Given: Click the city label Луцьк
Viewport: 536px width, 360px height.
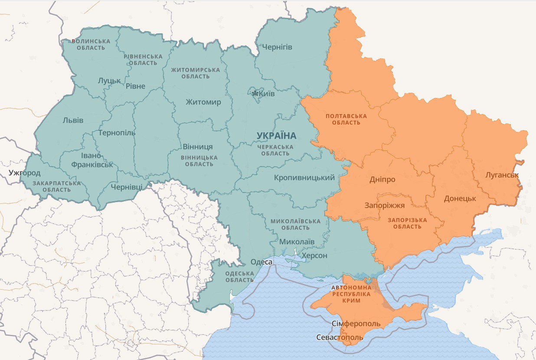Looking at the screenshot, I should [x=109, y=81].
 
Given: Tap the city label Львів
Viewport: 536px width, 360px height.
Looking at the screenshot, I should [x=73, y=120].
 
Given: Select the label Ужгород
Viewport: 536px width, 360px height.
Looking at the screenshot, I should [x=25, y=173].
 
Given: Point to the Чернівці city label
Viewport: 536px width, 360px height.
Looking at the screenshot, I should [x=126, y=187].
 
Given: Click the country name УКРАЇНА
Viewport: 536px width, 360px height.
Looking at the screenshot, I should [x=276, y=136].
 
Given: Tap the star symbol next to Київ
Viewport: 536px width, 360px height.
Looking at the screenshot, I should [x=255, y=94].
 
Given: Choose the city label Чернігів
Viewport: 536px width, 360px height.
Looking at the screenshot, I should [x=275, y=47].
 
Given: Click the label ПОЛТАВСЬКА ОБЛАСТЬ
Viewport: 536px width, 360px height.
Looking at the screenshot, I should [x=346, y=119].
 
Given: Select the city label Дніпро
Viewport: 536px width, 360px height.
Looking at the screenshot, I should [x=382, y=179].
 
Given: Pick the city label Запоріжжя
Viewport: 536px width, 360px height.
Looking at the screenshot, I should [x=385, y=206].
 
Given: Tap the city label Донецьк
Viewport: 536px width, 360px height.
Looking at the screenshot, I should [x=460, y=199].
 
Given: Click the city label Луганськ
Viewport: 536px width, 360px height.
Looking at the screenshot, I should [x=502, y=175].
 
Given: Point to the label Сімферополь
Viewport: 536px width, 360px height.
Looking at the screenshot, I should [x=356, y=324].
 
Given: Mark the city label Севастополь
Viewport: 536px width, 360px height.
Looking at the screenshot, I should [x=340, y=337].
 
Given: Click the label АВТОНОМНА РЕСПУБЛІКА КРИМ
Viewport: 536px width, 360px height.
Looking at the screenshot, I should [x=351, y=294].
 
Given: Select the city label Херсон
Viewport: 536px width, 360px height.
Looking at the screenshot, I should [x=314, y=255].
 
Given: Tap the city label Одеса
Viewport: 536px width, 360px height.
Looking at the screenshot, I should [x=261, y=262].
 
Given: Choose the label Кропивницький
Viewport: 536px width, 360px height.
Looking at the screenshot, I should [x=304, y=178].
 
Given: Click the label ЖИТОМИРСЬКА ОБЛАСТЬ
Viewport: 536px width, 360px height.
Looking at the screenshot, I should [x=195, y=73].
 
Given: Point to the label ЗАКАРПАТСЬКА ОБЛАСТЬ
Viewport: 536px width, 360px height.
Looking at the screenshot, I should [x=56, y=187].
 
